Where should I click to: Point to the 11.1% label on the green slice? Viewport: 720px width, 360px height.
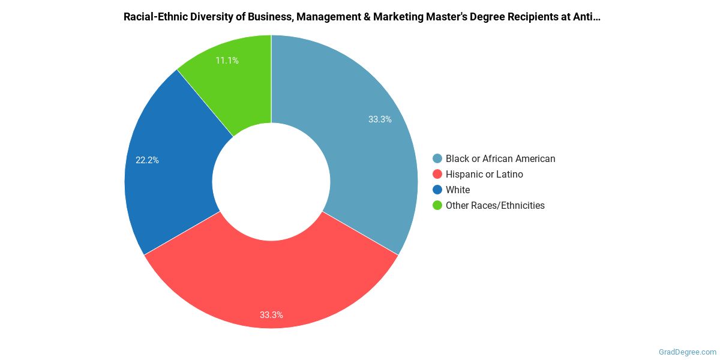pyautogui.click(x=227, y=61)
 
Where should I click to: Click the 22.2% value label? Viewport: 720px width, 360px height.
pyautogui.click(x=147, y=160)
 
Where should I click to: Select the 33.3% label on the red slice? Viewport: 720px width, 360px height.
pyautogui.click(x=271, y=314)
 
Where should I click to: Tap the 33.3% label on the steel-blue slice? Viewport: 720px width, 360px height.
pyautogui.click(x=380, y=119)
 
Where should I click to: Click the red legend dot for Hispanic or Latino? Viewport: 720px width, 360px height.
pyautogui.click(x=437, y=175)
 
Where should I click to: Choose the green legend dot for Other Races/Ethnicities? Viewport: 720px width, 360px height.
pyautogui.click(x=437, y=206)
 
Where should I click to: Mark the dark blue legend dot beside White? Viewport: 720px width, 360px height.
pyautogui.click(x=437, y=190)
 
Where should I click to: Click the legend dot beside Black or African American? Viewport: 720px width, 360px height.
pyautogui.click(x=437, y=159)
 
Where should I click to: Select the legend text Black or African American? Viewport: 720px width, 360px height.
pyautogui.click(x=500, y=159)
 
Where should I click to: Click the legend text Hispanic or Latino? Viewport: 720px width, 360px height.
pyautogui.click(x=484, y=175)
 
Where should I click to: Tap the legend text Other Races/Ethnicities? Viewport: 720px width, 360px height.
pyautogui.click(x=495, y=206)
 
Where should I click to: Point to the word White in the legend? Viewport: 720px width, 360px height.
pyautogui.click(x=458, y=190)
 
